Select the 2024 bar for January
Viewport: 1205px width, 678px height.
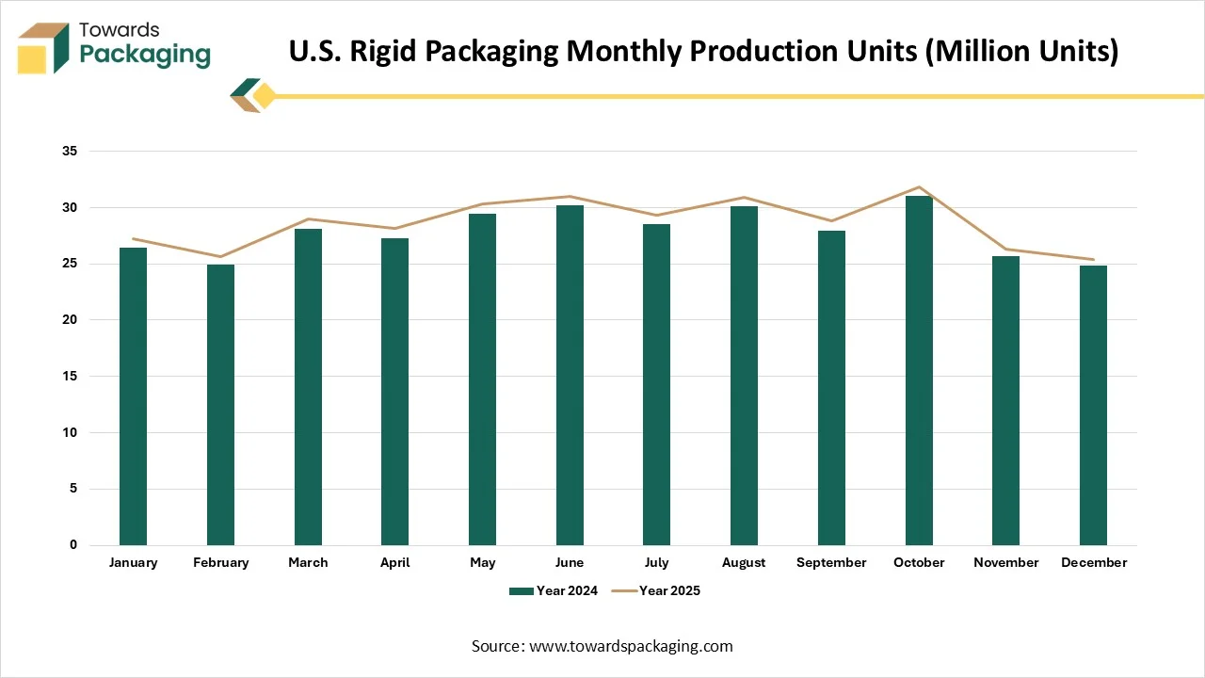coord(133,395)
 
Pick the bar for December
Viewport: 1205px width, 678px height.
coord(1093,405)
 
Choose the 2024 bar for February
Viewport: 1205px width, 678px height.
coord(220,405)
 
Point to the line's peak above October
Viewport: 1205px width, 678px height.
coord(919,186)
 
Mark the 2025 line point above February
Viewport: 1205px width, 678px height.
coord(220,256)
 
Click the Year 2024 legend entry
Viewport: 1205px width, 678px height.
coord(554,590)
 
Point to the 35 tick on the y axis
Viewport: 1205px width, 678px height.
coord(70,151)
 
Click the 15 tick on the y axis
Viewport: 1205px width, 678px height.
coord(70,376)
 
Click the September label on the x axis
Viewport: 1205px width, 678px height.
coord(831,562)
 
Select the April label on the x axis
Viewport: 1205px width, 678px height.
coord(395,562)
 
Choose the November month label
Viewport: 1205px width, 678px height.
coord(1006,562)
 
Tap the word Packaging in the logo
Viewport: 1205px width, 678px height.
coord(145,55)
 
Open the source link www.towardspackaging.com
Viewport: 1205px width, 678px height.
coord(630,646)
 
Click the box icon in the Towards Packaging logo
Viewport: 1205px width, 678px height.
coord(43,47)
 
